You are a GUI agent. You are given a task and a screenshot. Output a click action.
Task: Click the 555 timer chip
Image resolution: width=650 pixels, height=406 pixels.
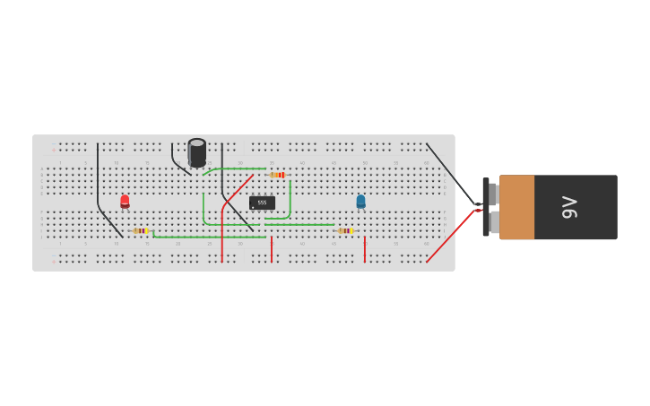(x=262, y=203)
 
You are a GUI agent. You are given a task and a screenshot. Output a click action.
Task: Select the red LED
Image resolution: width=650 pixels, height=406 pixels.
(x=125, y=202)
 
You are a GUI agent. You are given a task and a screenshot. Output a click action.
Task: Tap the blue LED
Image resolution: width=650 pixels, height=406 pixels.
(x=360, y=202)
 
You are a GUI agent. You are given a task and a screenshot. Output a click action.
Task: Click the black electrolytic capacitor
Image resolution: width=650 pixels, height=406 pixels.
(x=197, y=152)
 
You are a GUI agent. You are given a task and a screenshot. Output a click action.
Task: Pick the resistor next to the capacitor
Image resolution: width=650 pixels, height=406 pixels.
(x=277, y=175)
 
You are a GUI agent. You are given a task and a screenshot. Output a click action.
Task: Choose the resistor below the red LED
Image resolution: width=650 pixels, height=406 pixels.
(x=141, y=231)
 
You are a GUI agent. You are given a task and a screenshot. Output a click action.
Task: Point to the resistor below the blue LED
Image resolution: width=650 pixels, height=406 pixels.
(x=345, y=231)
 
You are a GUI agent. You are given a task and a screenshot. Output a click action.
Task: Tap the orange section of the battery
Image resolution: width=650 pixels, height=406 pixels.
(x=516, y=207)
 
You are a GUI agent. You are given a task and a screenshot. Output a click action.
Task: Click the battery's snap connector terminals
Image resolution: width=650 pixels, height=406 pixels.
(x=491, y=207)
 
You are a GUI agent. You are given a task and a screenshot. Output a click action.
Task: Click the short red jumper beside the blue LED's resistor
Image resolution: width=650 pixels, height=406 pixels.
(x=364, y=249)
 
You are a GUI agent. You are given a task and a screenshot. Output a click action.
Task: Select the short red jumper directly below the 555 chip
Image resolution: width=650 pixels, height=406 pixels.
(x=271, y=249)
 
